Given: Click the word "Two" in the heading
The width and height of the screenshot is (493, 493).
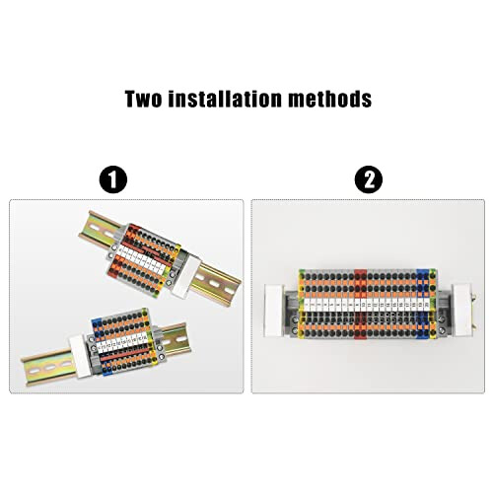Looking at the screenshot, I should click(145, 100).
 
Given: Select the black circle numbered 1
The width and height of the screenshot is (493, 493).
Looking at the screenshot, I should click(115, 180).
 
